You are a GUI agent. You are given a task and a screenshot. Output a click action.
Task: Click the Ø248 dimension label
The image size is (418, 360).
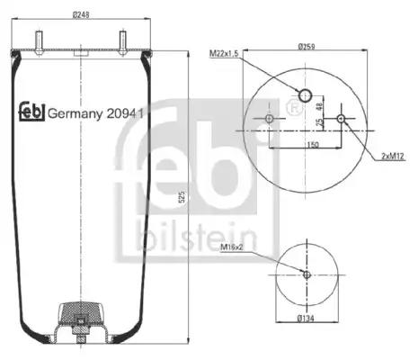pyautogui.click(x=81, y=14)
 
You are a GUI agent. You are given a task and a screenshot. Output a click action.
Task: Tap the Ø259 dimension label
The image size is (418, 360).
pyautogui.click(x=307, y=47)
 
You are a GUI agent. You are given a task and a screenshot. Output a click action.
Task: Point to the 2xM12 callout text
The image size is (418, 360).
pyautogui.click(x=393, y=156)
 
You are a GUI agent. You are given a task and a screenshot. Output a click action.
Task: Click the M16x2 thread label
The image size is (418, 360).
pyautogui.click(x=232, y=247)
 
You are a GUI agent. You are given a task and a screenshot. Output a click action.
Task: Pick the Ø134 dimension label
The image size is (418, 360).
pyautogui.click(x=306, y=318)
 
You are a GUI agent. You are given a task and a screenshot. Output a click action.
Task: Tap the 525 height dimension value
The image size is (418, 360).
pyautogui.click(x=182, y=196)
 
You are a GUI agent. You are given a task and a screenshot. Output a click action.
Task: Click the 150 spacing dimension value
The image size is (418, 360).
pyautogui.click(x=313, y=145)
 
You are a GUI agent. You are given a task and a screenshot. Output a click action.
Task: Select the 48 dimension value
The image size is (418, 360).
pyautogui.click(x=319, y=106)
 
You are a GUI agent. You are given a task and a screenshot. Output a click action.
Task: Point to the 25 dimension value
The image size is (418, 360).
pyautogui.click(x=319, y=122)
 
